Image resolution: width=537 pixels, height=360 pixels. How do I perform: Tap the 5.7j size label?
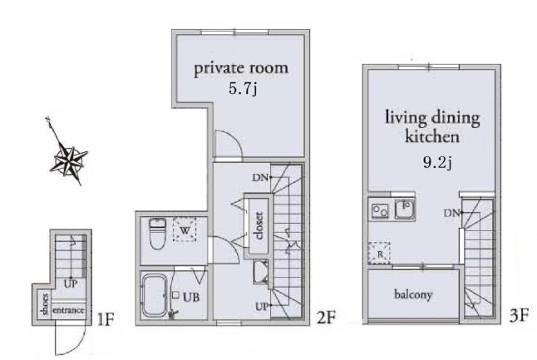tap(243, 89)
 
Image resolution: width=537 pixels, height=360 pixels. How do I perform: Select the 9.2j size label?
tap(437, 162)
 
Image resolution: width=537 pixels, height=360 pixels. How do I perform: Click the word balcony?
tap(413, 294)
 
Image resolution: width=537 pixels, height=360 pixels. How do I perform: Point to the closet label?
tap(259, 225)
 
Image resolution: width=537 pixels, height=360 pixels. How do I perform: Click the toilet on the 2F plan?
tap(158, 234)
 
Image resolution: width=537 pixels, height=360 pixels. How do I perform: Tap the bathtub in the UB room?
tap(155, 295)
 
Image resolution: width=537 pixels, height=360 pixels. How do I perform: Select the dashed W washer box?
tap(185, 229)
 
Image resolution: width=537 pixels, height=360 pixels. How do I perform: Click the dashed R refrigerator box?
tap(379, 253)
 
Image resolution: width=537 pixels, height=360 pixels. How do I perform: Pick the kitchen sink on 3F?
tap(405, 210)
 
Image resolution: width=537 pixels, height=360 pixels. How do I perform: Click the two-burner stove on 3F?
tap(380, 210)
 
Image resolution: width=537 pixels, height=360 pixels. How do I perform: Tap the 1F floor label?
tap(106, 319)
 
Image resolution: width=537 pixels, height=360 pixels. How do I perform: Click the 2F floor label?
tap(326, 318)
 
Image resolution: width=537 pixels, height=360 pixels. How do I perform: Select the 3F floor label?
tap(519, 315)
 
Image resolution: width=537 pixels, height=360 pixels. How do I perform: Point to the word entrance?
tap(68, 310)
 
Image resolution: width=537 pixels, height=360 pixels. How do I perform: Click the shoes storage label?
tap(44, 303)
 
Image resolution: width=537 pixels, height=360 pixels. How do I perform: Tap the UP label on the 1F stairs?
tap(70, 284)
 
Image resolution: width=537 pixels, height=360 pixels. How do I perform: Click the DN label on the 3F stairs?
tap(451, 214)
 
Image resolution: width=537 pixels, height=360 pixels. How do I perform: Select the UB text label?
tap(191, 297)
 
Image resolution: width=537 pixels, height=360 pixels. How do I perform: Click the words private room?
tap(241, 69)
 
